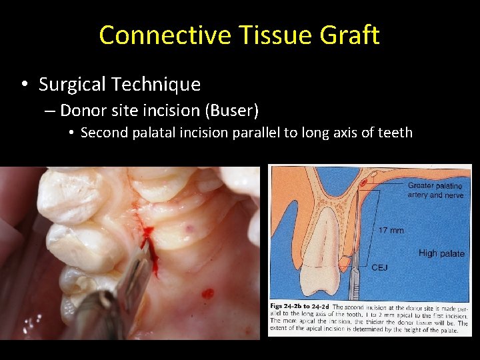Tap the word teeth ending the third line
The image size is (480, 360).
tap(396, 133)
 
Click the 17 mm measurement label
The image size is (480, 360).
tap(391, 231)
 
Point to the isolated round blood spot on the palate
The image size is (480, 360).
tap(207, 293)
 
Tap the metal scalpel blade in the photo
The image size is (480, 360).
tap(137, 273)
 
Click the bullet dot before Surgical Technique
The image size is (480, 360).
tap(24, 85)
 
